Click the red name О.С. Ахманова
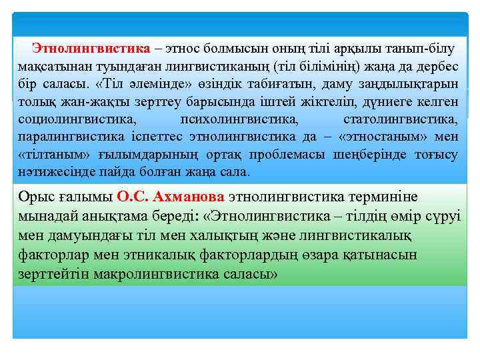click(171, 197)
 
